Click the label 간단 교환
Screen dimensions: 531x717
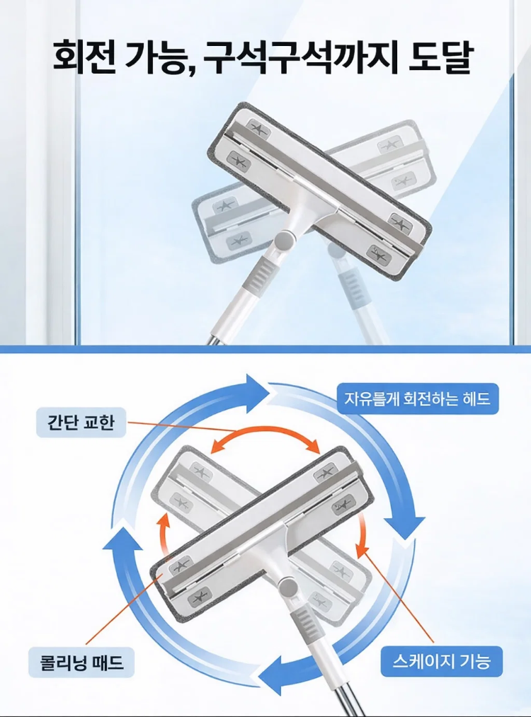81,422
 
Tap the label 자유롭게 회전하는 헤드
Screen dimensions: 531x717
417,398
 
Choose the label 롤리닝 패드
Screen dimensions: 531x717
81,662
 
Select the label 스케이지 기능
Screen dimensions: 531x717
442,661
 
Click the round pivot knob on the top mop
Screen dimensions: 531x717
284,240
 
